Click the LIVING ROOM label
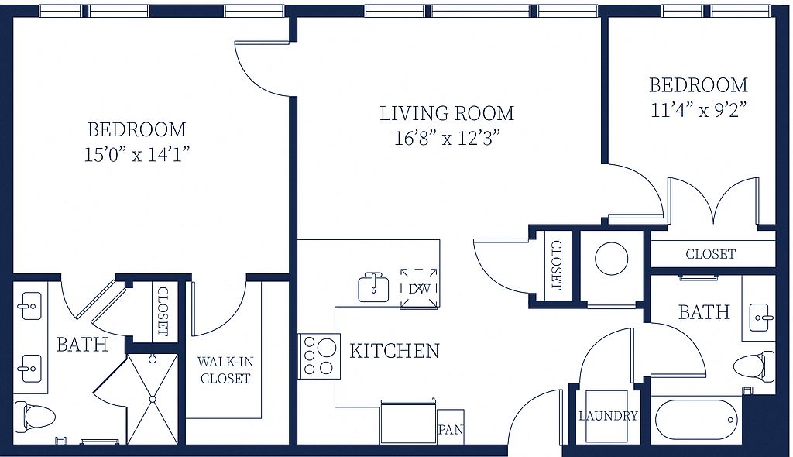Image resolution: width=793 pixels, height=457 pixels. (x=447, y=113)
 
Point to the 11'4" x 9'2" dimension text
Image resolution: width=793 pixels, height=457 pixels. (x=699, y=109)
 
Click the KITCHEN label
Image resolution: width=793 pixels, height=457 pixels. (x=394, y=351)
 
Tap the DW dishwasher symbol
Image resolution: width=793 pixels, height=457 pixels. (x=419, y=288)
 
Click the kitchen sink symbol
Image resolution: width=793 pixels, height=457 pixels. (x=373, y=287)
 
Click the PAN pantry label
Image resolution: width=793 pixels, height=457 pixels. (x=451, y=430)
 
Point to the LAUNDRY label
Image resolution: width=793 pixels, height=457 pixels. (x=608, y=416)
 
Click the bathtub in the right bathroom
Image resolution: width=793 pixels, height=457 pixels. (x=698, y=420)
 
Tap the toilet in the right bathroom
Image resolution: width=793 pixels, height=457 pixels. (x=754, y=367)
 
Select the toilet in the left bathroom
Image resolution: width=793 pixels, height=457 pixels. (x=33, y=416)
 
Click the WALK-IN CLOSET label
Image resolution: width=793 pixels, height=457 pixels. (x=225, y=370)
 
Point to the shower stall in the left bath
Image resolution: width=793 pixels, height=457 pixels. (x=152, y=399)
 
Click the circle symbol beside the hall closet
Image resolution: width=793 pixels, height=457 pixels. (x=612, y=259)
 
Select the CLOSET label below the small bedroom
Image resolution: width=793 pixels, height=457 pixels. (x=711, y=254)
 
